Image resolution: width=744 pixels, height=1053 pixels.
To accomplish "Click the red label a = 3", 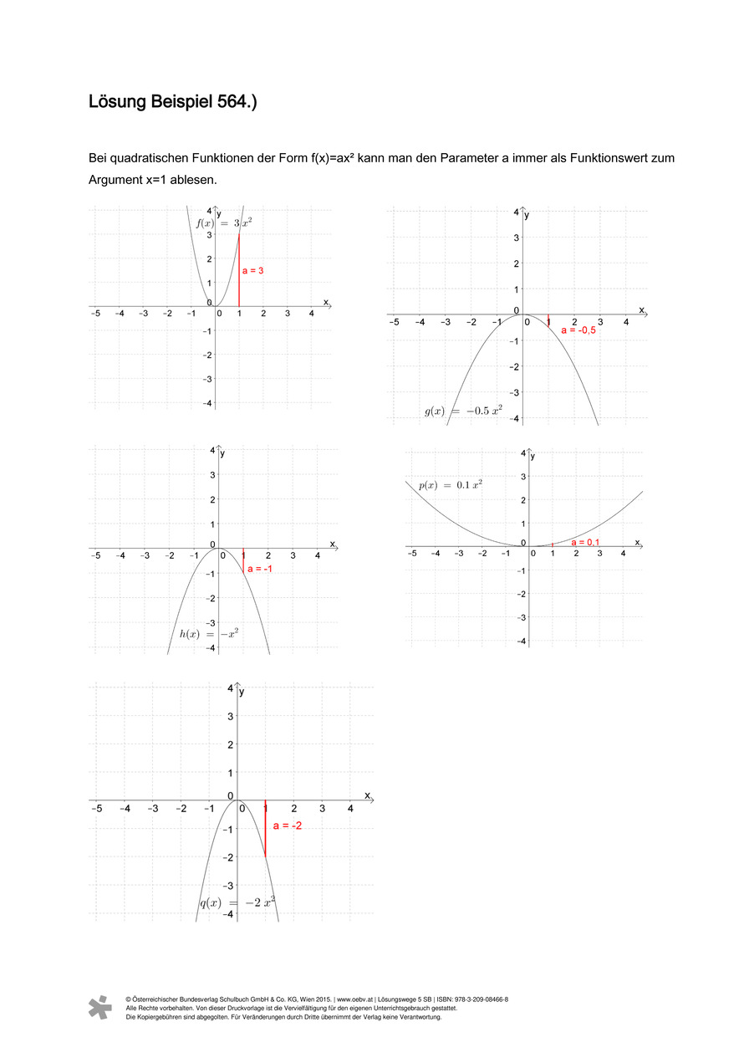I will (252, 270).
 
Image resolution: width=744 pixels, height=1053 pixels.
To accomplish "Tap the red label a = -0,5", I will (578, 330).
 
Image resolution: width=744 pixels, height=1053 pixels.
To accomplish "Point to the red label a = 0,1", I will (585, 543).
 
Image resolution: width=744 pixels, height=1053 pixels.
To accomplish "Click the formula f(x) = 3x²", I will (224, 223).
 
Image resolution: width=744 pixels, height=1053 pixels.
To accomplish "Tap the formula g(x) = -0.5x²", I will (463, 411).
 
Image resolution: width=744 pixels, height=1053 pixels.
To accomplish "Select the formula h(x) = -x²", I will (209, 633).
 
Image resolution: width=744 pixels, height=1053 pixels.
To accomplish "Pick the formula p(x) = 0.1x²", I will (451, 484).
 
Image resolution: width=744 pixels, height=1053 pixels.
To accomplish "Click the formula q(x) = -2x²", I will (237, 902).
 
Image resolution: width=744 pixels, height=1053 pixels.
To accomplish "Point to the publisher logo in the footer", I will (99, 1007).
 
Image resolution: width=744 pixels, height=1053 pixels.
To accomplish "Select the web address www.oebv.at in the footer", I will (354, 999).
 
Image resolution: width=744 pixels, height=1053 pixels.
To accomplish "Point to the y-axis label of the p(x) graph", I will (533, 456).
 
